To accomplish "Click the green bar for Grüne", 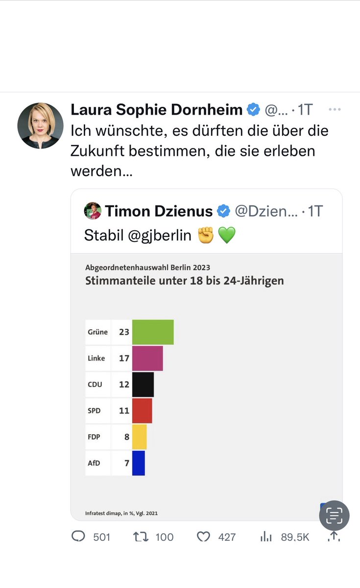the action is click(x=153, y=332).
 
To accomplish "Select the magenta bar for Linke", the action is click(x=147, y=358).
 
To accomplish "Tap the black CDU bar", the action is click(x=143, y=385).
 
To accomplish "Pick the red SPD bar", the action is click(x=142, y=411).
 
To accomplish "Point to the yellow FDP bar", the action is click(x=139, y=437).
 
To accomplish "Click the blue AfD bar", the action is click(x=139, y=464).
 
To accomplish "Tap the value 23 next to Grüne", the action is click(x=124, y=332).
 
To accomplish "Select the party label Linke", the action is click(x=96, y=358).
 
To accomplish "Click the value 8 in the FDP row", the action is click(x=127, y=437).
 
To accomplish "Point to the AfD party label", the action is click(x=94, y=464).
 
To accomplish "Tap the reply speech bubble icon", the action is click(x=78, y=536).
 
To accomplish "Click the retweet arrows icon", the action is click(x=141, y=537).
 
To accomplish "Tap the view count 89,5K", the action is click(x=295, y=538).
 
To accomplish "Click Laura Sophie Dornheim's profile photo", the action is click(x=40, y=126).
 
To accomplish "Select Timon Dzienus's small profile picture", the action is click(x=93, y=211).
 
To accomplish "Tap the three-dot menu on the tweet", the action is click(x=335, y=109).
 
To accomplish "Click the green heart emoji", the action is click(x=227, y=235).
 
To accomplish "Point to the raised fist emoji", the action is click(x=206, y=235).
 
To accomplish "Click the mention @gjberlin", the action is click(x=160, y=236).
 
